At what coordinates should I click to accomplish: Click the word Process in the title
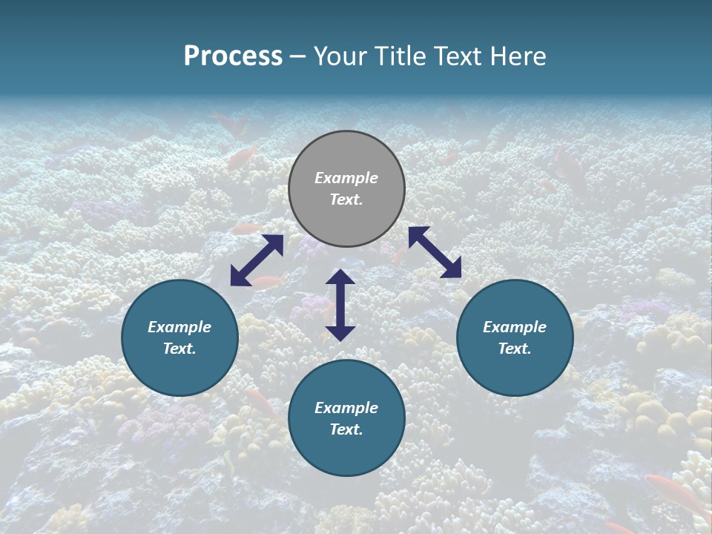pyautogui.click(x=233, y=56)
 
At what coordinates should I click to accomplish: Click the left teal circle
pyautogui.click(x=179, y=337)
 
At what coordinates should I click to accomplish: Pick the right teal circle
pyautogui.click(x=515, y=337)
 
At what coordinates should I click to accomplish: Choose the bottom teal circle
pyautogui.click(x=346, y=418)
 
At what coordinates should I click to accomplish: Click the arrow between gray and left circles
pyautogui.click(x=257, y=260)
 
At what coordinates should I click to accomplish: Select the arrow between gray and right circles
pyautogui.click(x=435, y=252)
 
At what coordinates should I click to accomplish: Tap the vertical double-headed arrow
pyautogui.click(x=340, y=305)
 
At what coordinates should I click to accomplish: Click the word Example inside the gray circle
pyautogui.click(x=346, y=178)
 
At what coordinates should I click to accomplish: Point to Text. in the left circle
pyautogui.click(x=179, y=349)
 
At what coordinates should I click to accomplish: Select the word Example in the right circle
pyautogui.click(x=515, y=327)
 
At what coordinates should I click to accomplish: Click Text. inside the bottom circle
pyautogui.click(x=346, y=429)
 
